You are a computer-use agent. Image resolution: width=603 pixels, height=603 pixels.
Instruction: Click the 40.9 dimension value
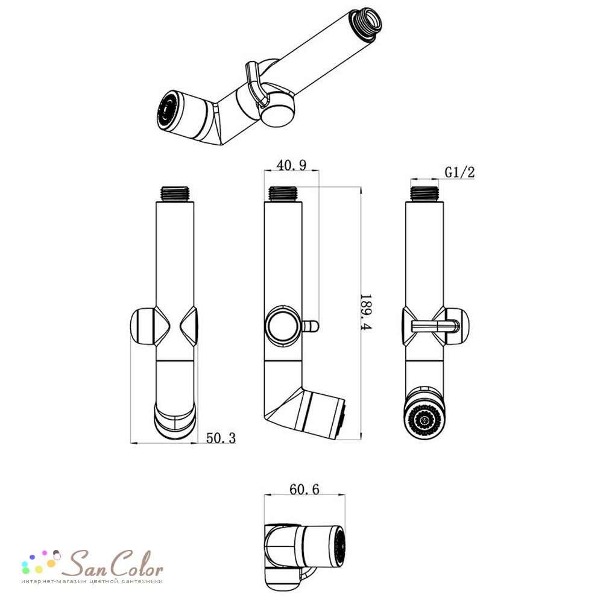pyautogui.click(x=291, y=165)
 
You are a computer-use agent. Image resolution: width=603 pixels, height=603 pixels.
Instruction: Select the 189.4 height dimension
pyautogui.click(x=365, y=312)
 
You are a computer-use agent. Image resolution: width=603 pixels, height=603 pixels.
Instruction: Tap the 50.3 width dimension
pyautogui.click(x=221, y=438)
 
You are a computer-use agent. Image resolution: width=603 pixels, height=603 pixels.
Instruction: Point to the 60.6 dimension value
pyautogui.click(x=304, y=489)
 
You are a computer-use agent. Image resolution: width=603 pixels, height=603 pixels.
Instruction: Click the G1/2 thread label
pyautogui.click(x=459, y=172)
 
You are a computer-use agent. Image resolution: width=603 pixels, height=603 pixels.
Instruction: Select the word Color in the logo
pyautogui.click(x=134, y=563)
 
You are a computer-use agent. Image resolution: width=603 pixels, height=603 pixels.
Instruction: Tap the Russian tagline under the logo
pyautogui.click(x=92, y=581)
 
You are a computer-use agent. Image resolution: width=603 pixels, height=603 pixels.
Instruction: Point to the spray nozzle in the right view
pyautogui.click(x=424, y=420)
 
